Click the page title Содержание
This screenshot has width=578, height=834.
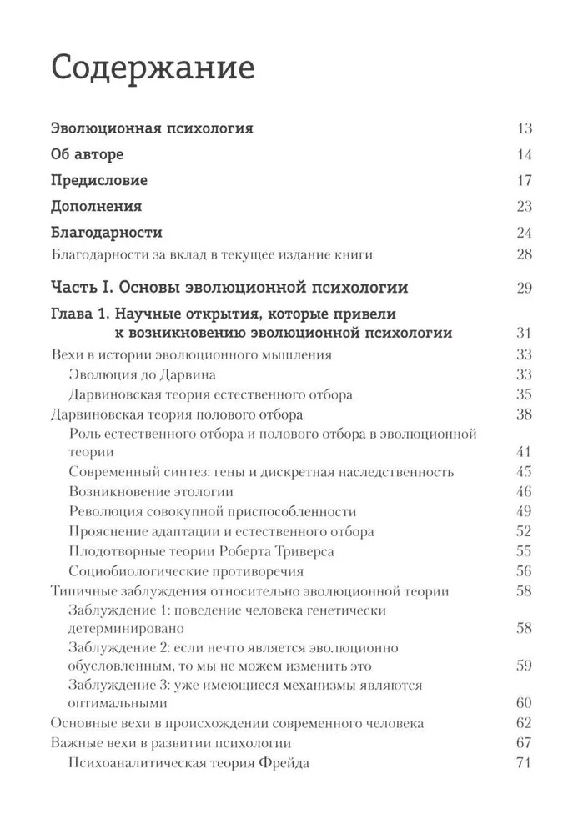click(x=153, y=67)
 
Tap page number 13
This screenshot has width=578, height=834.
click(x=524, y=128)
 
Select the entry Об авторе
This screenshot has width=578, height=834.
click(x=87, y=154)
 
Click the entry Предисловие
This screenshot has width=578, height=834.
click(x=99, y=180)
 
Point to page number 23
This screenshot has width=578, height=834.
click(x=524, y=206)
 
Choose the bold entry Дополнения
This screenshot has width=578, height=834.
click(x=96, y=206)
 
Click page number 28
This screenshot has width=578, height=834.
click(x=524, y=254)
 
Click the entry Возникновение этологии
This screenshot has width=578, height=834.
click(x=150, y=492)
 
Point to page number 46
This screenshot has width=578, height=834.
click(x=524, y=492)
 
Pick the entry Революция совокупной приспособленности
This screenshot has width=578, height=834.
click(x=212, y=512)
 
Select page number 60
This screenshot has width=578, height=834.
click(x=524, y=702)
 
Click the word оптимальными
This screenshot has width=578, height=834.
click(x=110, y=702)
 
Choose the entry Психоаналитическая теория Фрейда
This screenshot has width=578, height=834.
click(x=188, y=763)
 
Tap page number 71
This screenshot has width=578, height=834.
click(x=524, y=763)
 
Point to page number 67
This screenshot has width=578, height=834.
click(x=524, y=743)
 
